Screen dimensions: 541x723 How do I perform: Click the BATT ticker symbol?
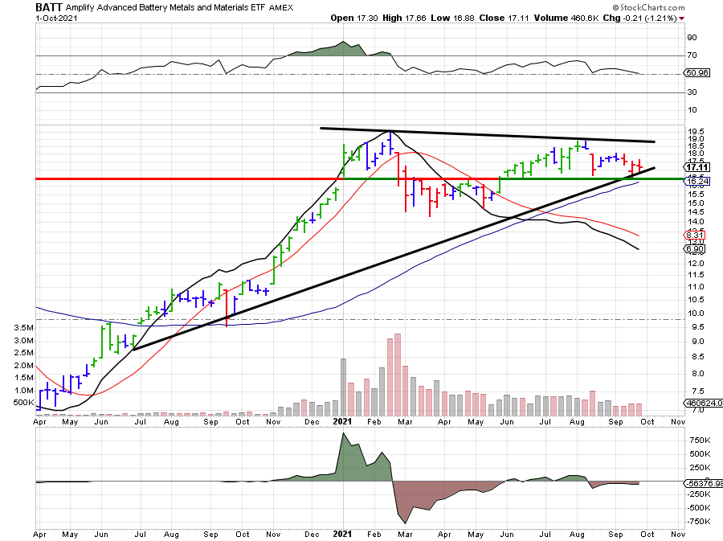pos(49,7)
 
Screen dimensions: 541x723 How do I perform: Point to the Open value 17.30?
pos(370,18)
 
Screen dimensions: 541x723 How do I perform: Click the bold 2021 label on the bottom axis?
pos(342,533)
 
